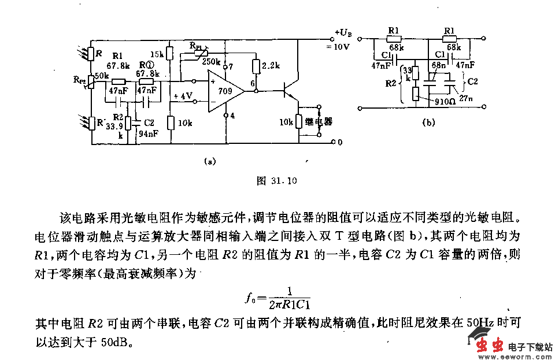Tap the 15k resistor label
(x=156, y=53)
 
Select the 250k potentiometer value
(x=212, y=62)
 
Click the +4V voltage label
(x=183, y=96)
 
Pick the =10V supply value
(x=338, y=47)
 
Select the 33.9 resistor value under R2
(x=114, y=127)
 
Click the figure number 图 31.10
(x=276, y=181)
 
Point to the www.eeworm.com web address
(x=525, y=356)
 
